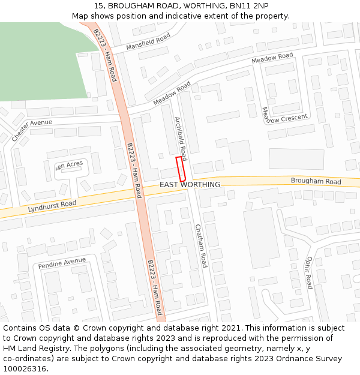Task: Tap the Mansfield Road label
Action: pos(148,41)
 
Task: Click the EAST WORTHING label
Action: pos(190,184)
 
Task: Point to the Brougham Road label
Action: pos(316,181)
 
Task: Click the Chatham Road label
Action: pos(201,245)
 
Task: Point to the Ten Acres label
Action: pos(69,165)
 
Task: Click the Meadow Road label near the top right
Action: pos(272,58)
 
